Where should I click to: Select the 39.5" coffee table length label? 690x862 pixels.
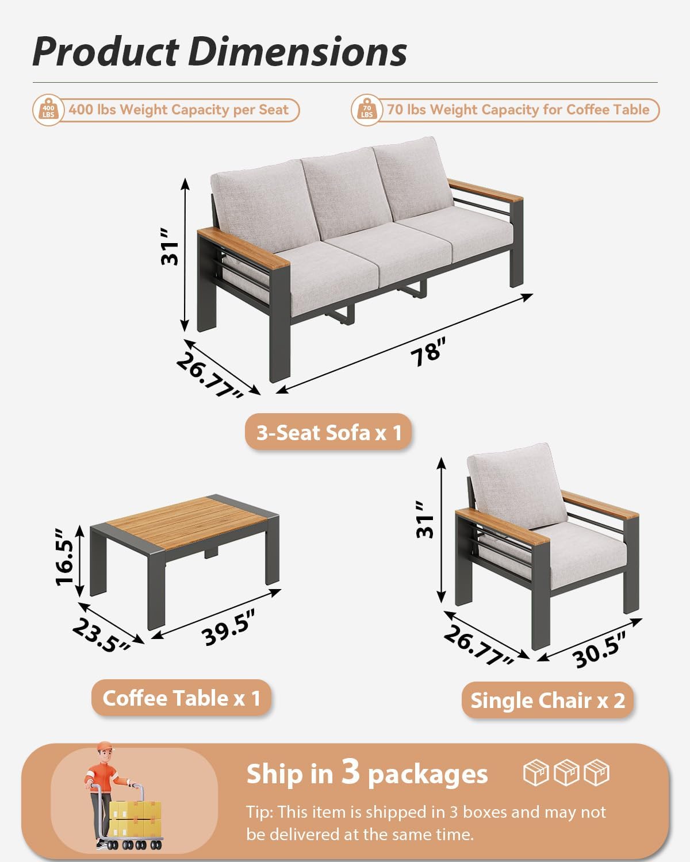point(228,628)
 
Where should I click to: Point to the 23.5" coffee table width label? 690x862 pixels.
point(101,637)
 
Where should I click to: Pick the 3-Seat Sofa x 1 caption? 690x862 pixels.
point(329,432)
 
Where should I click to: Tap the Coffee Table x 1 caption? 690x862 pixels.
point(181,698)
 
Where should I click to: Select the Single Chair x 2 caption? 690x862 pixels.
point(547,701)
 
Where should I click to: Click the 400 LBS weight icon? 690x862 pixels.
point(48,110)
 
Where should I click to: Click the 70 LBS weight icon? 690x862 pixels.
point(367,110)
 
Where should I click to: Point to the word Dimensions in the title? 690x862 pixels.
point(297,52)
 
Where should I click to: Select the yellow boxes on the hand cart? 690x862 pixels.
point(135,819)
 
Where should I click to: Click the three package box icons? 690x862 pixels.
point(566,772)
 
